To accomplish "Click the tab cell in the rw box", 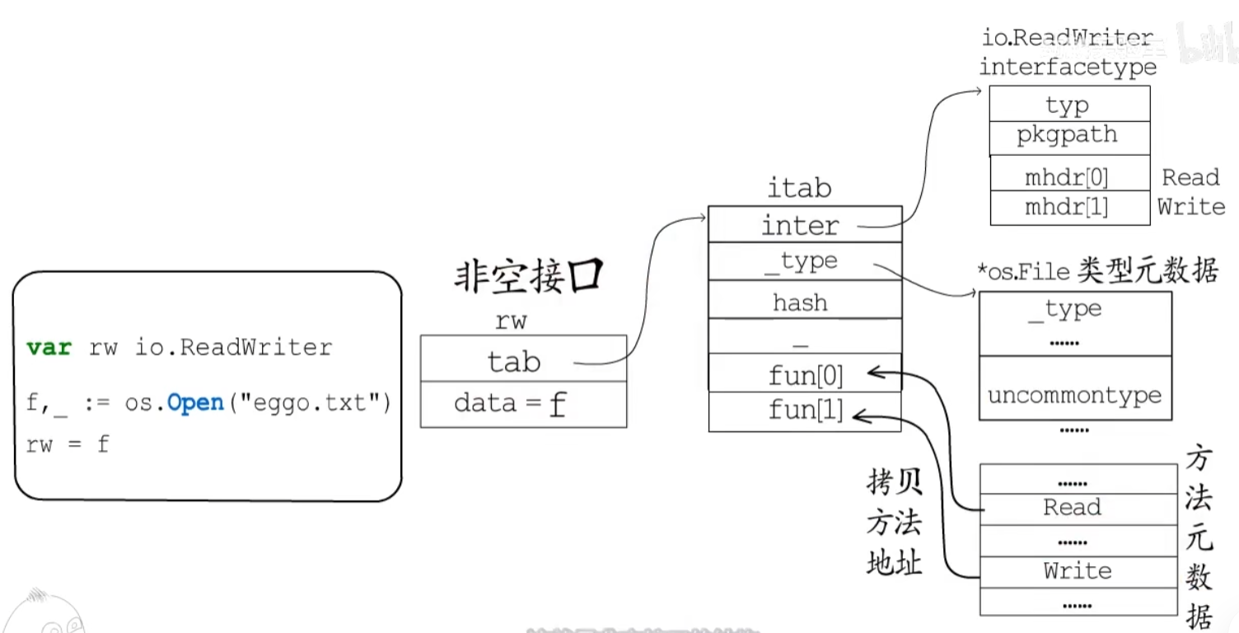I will click(522, 359).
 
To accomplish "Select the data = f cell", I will click(522, 404).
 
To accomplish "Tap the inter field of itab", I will click(803, 224).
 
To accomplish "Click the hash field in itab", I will click(803, 301).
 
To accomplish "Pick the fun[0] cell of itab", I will click(803, 375).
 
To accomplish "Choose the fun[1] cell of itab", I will click(803, 410).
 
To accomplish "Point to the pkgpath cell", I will click(1068, 135).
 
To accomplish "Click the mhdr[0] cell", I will click(1068, 176).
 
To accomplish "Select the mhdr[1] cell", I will click(1068, 207).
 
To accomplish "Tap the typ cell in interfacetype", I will click(1068, 105).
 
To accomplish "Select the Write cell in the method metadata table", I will click(1078, 570).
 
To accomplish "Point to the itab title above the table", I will click(798, 188).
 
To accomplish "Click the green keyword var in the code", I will click(49, 347).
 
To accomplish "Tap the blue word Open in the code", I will click(195, 403).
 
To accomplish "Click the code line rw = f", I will click(68, 444).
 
